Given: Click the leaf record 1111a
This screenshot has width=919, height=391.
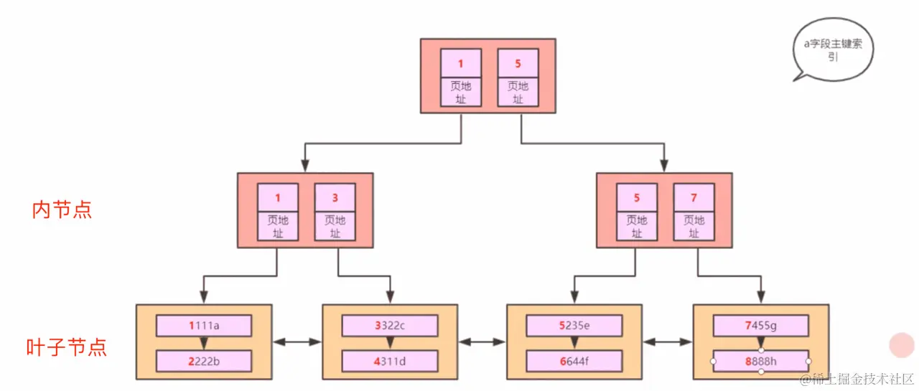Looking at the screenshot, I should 204,326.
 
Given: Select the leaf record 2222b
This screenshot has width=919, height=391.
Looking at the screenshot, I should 204,361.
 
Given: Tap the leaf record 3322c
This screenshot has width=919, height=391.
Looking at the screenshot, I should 390,326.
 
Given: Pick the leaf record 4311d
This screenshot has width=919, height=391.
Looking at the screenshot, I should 390,361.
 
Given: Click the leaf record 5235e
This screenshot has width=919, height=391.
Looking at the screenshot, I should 574,326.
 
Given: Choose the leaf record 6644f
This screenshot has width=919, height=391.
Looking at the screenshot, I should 574,361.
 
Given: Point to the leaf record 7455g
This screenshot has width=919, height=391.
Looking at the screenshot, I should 760,326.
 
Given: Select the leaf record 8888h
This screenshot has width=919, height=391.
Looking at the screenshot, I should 760,361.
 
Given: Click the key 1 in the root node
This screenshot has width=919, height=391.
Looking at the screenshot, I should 461,63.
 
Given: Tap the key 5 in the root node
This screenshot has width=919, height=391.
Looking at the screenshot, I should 518,63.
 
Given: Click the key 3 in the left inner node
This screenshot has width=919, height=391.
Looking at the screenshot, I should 335,197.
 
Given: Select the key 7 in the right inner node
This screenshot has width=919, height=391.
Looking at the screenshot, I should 694,197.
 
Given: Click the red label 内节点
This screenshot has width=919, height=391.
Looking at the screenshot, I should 62,209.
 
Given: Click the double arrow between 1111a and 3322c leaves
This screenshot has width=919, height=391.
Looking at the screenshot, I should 297,342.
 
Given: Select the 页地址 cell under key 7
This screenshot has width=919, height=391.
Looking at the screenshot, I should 694,226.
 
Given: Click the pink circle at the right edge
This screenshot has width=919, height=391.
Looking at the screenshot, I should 902,345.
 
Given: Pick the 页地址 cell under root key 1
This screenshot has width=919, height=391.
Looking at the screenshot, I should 461,92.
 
